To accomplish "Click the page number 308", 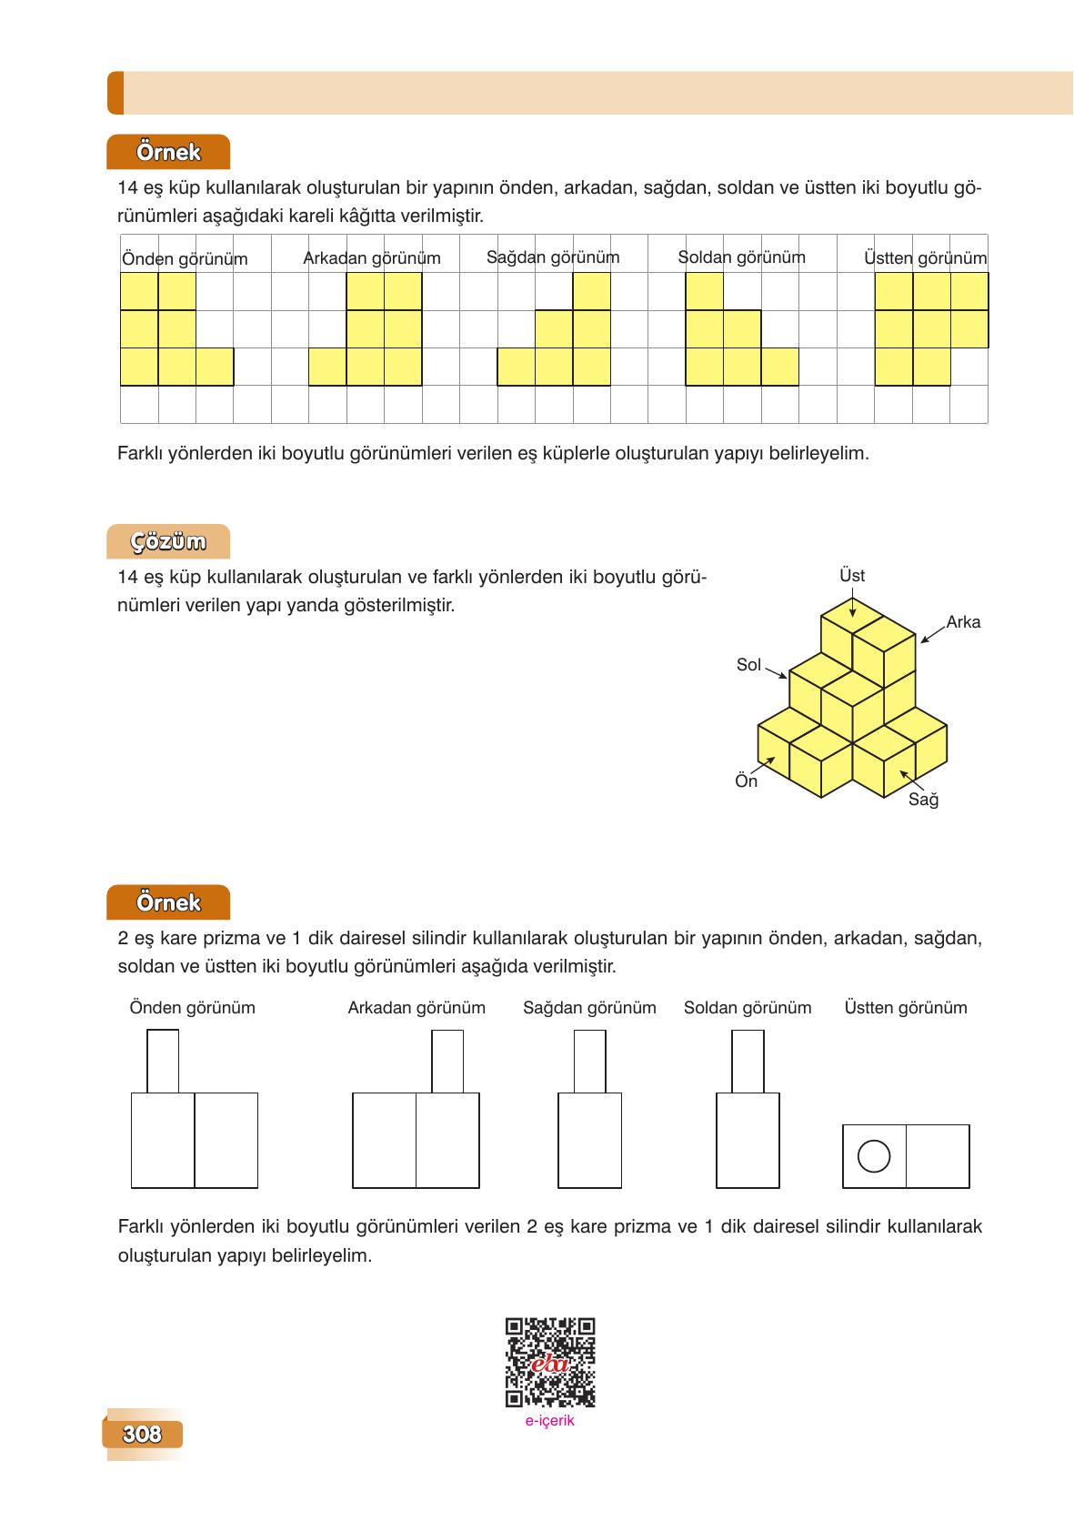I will point(142,1435).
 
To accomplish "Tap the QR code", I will point(550,1362).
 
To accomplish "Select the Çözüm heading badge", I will point(168,542).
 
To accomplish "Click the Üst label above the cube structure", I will point(852,576).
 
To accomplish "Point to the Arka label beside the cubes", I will point(963,622).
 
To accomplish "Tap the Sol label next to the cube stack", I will point(748,665).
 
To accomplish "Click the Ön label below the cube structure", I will point(746,781).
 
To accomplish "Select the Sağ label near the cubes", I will point(923,800).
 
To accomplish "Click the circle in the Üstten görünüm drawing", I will point(874,1156).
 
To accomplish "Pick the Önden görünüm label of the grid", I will point(185,259).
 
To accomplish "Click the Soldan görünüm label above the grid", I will point(741,257).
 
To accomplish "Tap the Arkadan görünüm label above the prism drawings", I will point(417,1008).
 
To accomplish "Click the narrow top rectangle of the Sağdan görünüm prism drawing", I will point(590,1062).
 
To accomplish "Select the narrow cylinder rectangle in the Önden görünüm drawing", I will point(163,1062).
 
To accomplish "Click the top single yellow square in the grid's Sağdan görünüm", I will point(591,292).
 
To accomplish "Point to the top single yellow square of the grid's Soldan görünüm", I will point(704,292).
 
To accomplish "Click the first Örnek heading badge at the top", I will point(168,152).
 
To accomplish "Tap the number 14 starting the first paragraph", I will point(126,189).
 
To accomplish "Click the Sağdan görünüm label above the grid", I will point(553,257).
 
